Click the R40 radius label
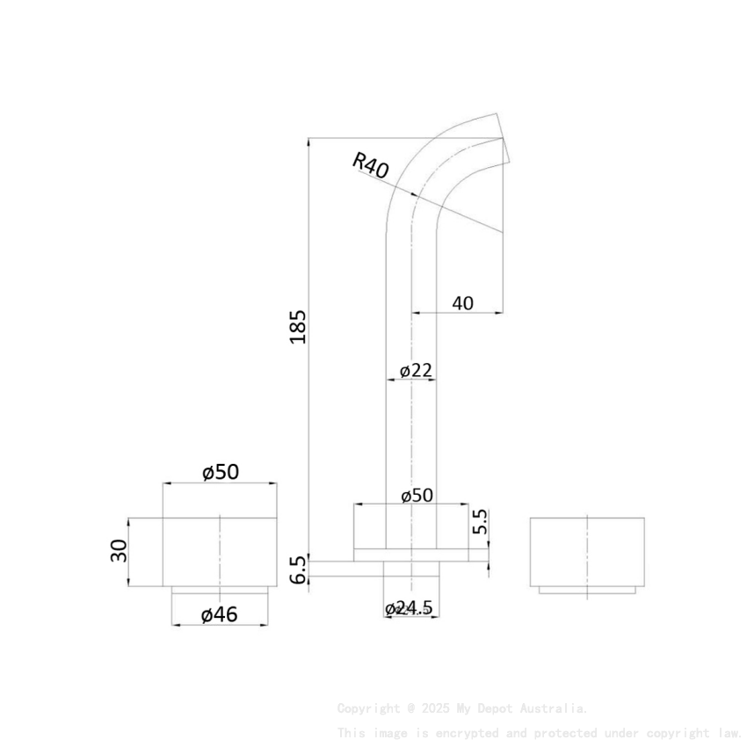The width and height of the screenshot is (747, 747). click(370, 165)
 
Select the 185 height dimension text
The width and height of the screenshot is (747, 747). click(299, 326)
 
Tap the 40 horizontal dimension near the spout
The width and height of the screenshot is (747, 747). click(462, 303)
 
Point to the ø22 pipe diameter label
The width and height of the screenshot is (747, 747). click(416, 370)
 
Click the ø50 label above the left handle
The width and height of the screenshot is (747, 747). click(220, 472)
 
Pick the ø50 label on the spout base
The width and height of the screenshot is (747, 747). click(417, 495)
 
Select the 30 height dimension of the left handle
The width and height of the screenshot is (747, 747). click(120, 551)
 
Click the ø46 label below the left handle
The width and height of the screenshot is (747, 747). click(219, 614)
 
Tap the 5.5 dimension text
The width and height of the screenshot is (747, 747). click(480, 522)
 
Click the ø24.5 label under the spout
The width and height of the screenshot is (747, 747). click(410, 608)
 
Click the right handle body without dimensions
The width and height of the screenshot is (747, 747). click(587, 552)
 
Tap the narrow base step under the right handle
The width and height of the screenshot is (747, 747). click(587, 591)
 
